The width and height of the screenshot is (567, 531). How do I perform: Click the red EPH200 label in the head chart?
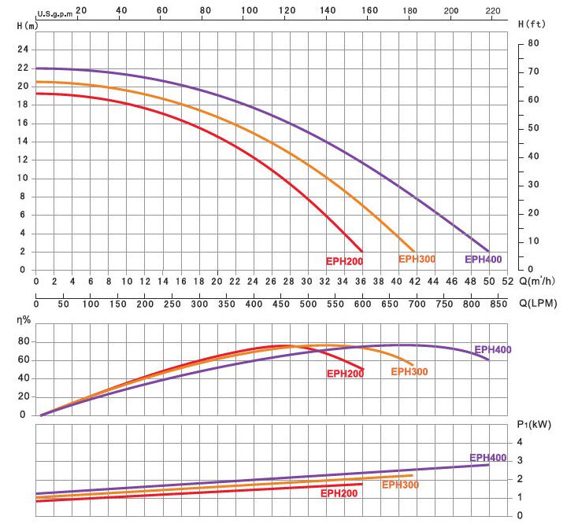[344, 261]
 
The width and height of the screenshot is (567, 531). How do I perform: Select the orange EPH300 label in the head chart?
[417, 259]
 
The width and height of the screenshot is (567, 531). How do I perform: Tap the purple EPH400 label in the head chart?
[483, 259]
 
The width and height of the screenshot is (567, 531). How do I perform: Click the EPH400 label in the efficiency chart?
[492, 350]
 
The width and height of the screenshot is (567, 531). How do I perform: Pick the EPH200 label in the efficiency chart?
[345, 374]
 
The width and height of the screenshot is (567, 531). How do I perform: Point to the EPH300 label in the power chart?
[400, 485]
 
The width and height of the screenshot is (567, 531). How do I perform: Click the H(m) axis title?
[26, 25]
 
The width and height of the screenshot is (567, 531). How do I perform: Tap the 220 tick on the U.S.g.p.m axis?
[494, 11]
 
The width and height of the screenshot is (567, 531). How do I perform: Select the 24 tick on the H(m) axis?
[23, 49]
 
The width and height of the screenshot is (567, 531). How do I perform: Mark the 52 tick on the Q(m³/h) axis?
[507, 281]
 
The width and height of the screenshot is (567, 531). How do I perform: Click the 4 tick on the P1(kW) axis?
[519, 442]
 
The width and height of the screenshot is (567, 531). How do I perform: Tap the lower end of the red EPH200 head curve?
[361, 250]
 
